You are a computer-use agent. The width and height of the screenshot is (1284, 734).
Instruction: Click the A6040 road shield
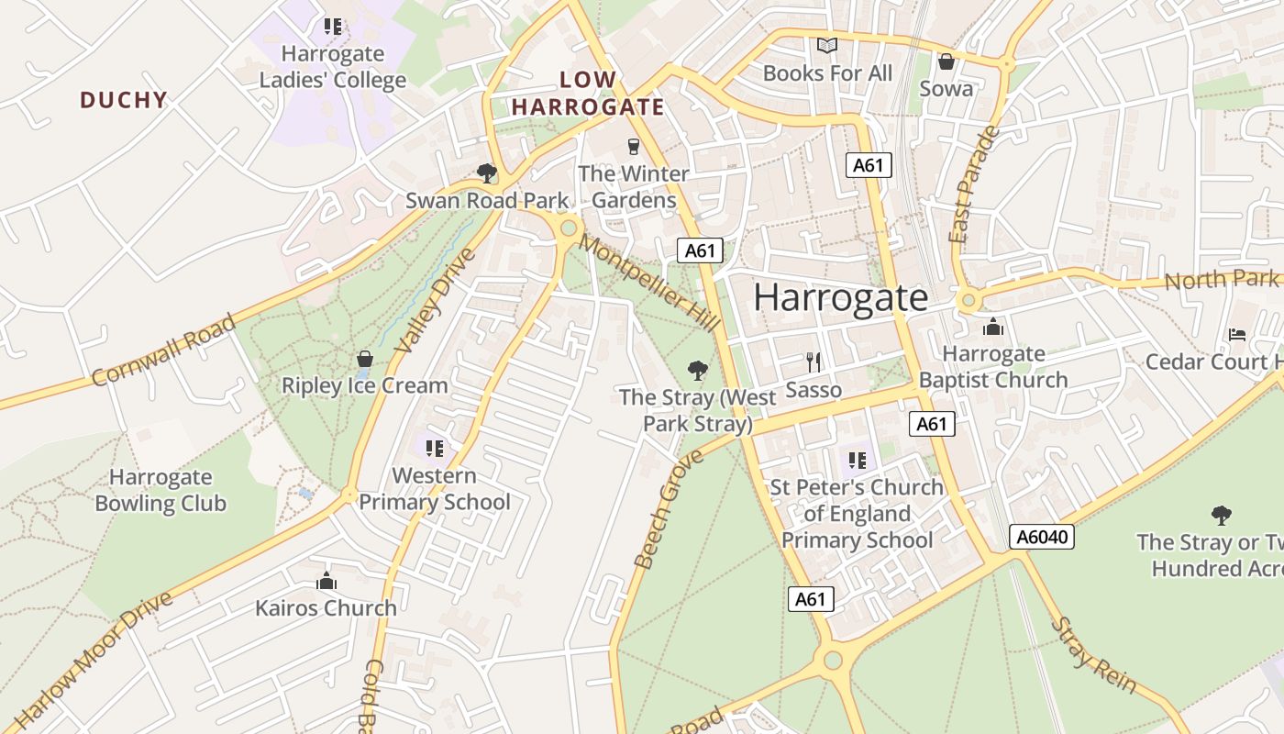[x=1041, y=537]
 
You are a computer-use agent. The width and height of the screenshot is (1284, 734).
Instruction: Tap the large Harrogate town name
[x=840, y=298]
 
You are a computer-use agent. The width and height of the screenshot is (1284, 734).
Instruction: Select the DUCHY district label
[x=124, y=100]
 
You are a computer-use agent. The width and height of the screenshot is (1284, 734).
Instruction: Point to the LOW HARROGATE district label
[x=587, y=94]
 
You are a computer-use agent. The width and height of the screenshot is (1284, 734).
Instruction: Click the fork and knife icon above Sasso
[x=813, y=361]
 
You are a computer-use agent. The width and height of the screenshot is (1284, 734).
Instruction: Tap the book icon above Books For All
[x=827, y=45]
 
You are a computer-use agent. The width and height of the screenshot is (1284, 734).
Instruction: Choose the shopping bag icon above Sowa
[x=946, y=61]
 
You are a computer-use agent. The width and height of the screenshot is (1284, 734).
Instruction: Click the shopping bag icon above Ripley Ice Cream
[x=364, y=358]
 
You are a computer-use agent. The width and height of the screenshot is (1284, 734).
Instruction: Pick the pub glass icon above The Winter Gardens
[x=633, y=146]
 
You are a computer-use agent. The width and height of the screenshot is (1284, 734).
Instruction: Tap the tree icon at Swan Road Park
[x=487, y=172]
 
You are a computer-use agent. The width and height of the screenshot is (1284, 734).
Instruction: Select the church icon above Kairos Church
[x=326, y=581]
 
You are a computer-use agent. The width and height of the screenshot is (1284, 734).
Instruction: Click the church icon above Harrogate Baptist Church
[x=993, y=327]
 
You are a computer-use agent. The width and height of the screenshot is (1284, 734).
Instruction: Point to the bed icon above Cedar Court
[x=1237, y=335]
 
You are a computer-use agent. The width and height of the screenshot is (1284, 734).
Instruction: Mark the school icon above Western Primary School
[x=434, y=449]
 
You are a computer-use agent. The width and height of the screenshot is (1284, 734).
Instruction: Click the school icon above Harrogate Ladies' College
[x=332, y=27]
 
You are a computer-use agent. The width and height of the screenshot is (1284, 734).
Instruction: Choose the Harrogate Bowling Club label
[x=160, y=490]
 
